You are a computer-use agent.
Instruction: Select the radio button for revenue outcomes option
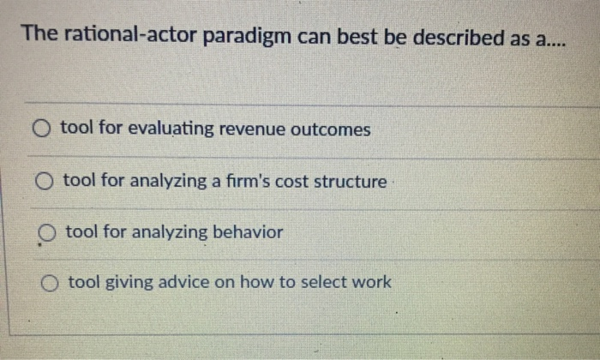(x=42, y=129)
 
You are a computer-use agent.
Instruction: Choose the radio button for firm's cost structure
(x=45, y=182)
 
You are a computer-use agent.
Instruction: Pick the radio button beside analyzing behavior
(x=47, y=233)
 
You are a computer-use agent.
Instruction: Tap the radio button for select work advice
(x=51, y=282)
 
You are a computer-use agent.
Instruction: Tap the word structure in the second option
(x=353, y=182)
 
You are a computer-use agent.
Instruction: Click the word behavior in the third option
(x=248, y=232)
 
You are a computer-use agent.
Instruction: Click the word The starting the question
(x=39, y=35)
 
